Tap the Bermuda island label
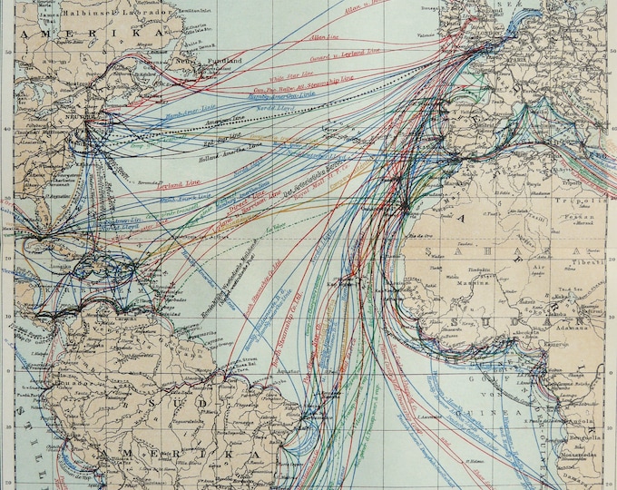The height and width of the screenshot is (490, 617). point(143,180)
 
